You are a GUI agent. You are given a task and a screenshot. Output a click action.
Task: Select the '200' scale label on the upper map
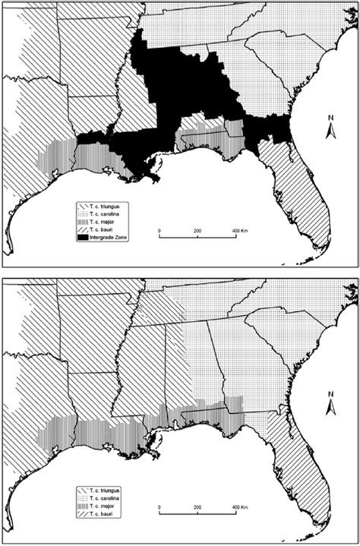197,229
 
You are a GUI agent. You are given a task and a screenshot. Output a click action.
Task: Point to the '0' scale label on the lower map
159,506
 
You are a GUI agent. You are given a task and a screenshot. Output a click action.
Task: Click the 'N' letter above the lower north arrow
331,394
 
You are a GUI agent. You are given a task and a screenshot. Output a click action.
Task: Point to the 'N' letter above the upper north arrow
331,118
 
